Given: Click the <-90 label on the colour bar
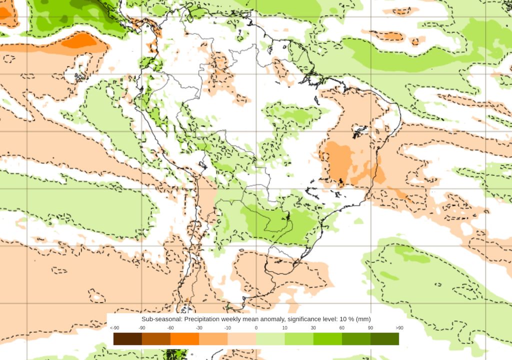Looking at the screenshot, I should tap(114, 328).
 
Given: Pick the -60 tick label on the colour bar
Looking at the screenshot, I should tap(170, 328).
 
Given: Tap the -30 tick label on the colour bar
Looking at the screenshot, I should tap(199, 328).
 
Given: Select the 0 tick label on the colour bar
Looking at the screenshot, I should tap(256, 328).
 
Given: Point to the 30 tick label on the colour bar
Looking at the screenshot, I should tap(313, 328).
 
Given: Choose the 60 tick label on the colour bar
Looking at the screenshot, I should tap(342, 328).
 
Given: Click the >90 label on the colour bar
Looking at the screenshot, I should tap(399, 328).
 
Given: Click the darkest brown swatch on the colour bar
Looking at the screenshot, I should tap(127, 339).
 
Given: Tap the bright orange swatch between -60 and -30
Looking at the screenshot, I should tap(184, 339).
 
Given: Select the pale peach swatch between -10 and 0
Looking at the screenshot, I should tap(241, 339).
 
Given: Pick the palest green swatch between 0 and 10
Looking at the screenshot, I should tap(270, 339).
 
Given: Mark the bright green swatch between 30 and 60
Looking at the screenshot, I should tap(327, 339).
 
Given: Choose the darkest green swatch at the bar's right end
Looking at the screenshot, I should tap(384, 339).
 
